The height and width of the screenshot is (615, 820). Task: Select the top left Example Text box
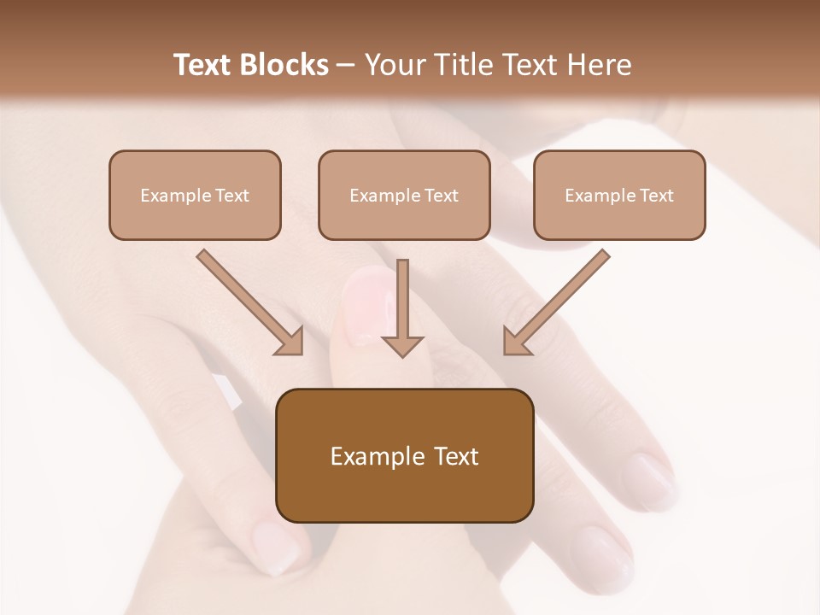(195, 195)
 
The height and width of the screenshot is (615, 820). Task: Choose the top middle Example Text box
(404, 195)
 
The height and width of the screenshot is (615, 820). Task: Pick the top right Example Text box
(619, 195)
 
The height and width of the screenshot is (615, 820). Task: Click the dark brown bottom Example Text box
(404, 455)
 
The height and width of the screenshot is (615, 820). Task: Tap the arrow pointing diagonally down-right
(249, 302)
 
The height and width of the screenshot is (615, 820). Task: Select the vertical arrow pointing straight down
(402, 303)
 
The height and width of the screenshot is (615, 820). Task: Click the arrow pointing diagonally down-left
(557, 302)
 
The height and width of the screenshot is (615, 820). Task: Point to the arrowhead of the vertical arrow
(402, 345)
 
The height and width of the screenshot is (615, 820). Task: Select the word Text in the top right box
(656, 196)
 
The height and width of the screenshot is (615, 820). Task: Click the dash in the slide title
(347, 66)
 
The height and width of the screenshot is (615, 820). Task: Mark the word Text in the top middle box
(441, 196)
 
